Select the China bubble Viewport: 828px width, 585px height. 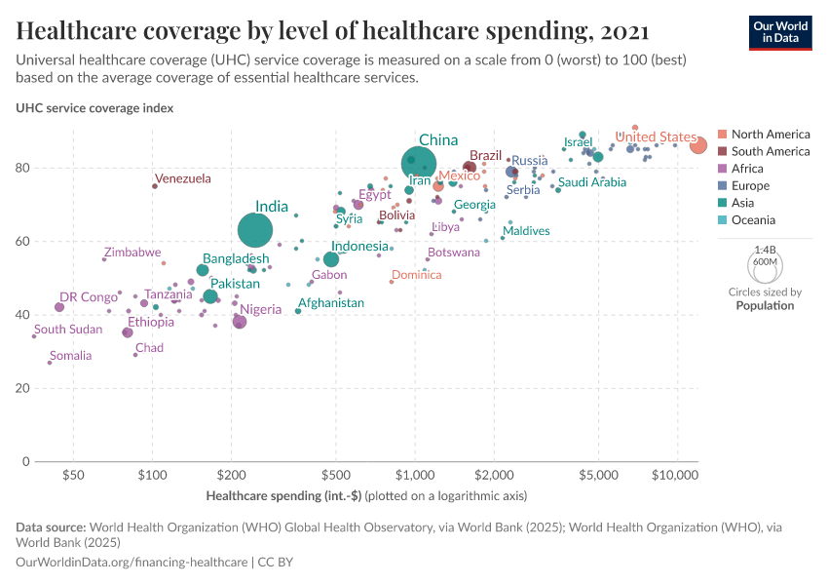[x=419, y=163]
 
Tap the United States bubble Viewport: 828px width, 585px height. [x=698, y=145]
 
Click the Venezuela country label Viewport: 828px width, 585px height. [x=183, y=178]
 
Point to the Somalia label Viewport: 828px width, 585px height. [x=70, y=356]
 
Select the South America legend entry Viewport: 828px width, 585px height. [x=770, y=151]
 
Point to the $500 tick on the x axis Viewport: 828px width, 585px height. [x=335, y=476]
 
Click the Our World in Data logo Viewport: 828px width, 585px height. [x=780, y=31]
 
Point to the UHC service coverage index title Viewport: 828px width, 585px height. [x=94, y=108]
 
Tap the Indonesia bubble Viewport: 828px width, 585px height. [x=331, y=259]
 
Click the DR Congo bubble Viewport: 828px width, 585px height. [x=59, y=307]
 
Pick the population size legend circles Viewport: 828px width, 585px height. [x=765, y=263]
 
